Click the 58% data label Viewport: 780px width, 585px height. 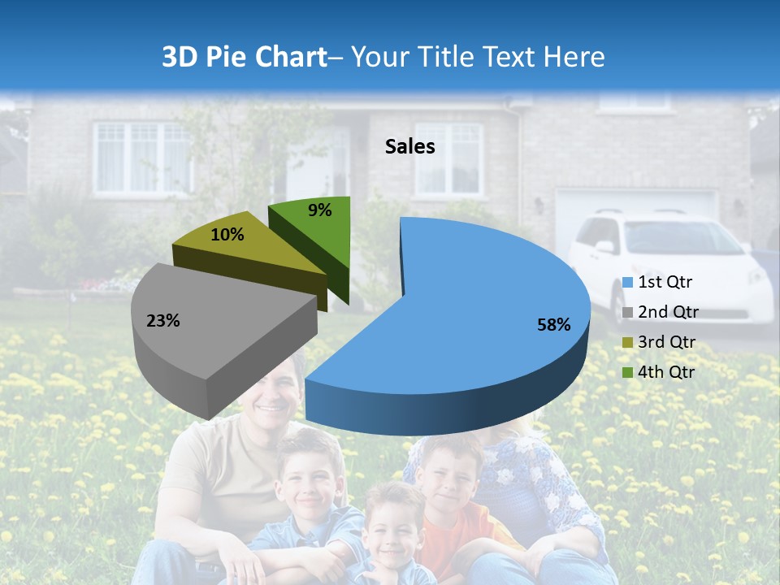pos(553,325)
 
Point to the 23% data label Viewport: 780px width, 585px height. pos(162,321)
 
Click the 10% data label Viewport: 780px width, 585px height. pos(227,235)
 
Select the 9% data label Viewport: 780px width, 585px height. pos(320,210)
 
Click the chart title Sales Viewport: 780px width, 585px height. pos(409,146)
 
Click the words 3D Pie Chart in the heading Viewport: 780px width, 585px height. pos(243,57)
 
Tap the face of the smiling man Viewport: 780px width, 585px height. pos(272,398)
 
